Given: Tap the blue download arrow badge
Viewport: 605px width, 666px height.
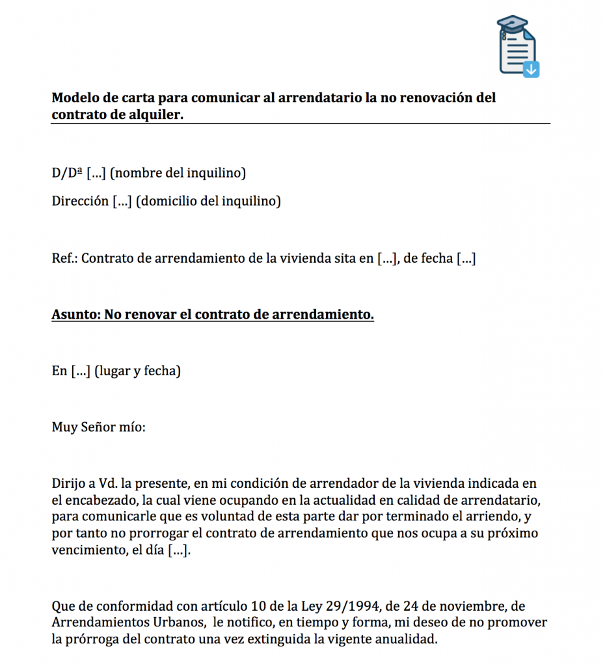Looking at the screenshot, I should pos(531,68).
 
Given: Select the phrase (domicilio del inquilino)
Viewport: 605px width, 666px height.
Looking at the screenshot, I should pos(208,201).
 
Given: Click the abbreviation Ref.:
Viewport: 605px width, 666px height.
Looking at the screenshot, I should pos(64,258).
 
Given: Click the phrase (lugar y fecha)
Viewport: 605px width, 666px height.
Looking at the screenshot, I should pos(137,371).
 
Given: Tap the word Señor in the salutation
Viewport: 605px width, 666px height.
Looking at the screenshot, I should pos(98,427).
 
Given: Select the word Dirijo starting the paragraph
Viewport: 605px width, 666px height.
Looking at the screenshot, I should pos(69,485).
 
